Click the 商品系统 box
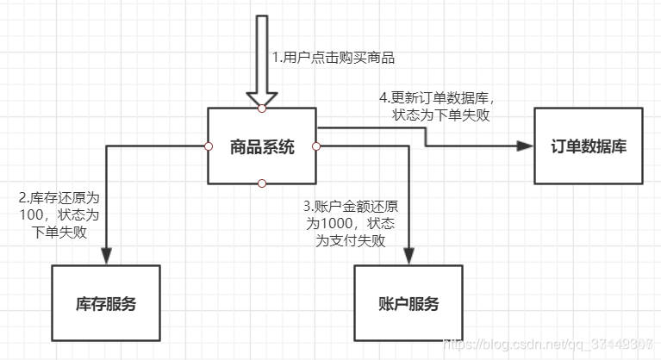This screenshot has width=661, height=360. point(262,146)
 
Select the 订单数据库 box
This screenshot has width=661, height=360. point(589,146)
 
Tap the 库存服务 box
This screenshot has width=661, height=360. point(106,303)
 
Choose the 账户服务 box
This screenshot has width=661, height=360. point(408,303)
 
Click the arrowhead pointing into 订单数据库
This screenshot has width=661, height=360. point(523,146)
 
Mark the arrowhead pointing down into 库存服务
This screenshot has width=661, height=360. point(106,255)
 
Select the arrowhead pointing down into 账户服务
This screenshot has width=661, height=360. point(408,255)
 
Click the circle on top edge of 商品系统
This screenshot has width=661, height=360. point(262,109)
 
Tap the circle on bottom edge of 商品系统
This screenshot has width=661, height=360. point(262,183)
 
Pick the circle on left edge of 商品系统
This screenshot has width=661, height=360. point(208,146)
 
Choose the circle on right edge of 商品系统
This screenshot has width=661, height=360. point(316,146)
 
